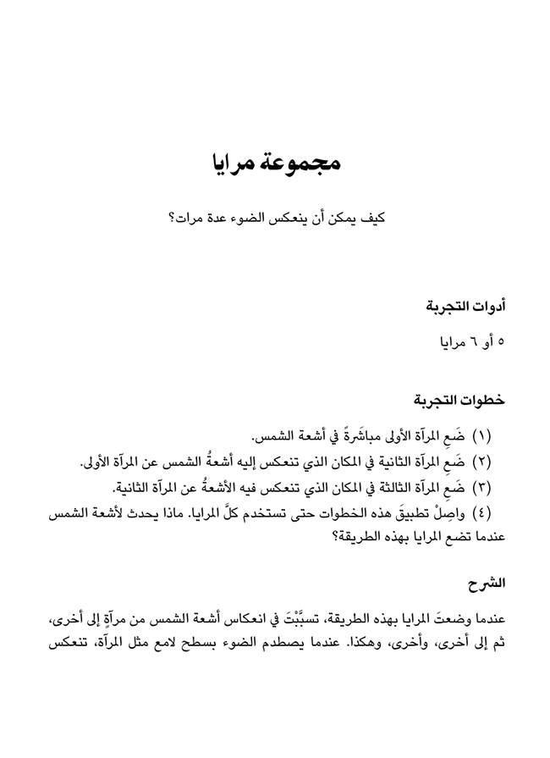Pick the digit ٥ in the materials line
click(500, 343)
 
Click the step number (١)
click(492, 437)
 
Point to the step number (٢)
click(492, 463)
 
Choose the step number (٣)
click(492, 489)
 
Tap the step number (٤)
click(492, 514)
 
